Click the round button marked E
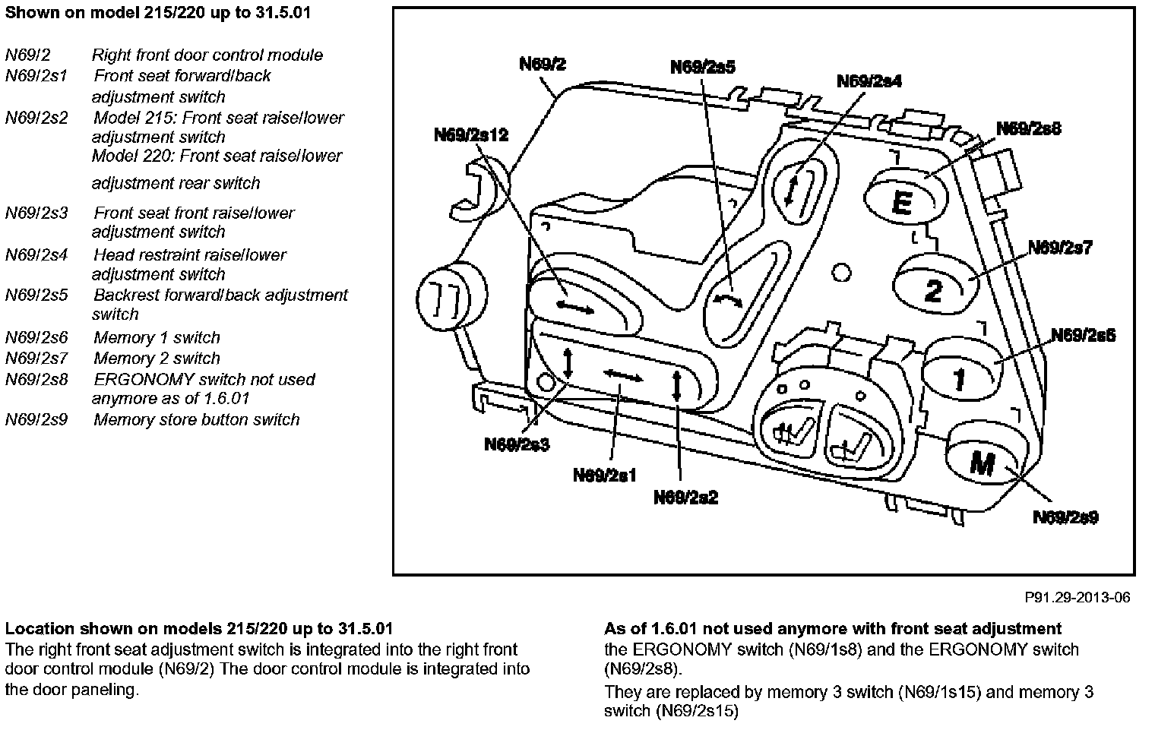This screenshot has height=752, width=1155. (902, 197)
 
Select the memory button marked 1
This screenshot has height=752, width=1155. (959, 372)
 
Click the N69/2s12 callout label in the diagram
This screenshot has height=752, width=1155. (471, 135)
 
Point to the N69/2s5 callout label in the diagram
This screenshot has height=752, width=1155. (703, 68)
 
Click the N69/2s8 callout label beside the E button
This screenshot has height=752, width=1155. (1029, 129)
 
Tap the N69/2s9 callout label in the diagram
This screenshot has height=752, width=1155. (1065, 517)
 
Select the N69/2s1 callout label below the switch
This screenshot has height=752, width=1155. (605, 476)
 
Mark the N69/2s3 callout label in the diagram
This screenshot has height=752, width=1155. (517, 444)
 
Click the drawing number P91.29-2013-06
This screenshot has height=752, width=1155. (1077, 598)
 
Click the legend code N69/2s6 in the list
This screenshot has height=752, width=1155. (36, 338)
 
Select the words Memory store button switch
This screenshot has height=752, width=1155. (196, 420)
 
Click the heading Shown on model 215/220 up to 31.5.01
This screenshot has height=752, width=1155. (157, 13)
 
